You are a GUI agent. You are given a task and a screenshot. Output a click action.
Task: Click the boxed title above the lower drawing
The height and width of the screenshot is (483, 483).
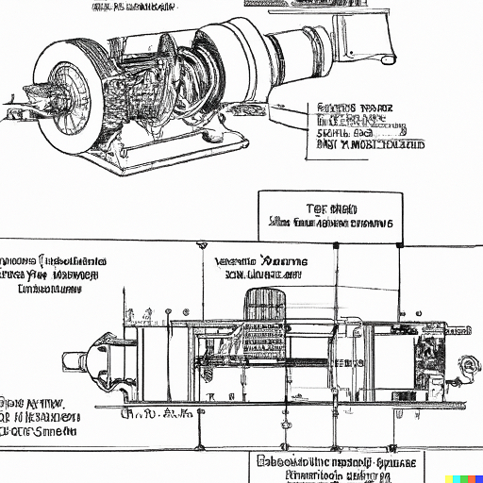coord(330,215)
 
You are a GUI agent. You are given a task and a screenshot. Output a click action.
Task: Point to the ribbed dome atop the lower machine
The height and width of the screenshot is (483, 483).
coord(264,307)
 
